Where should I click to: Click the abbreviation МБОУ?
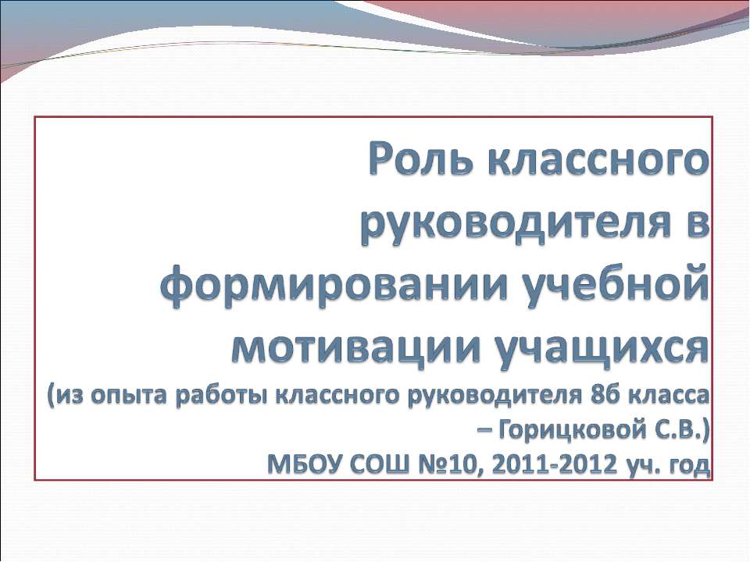pos(300,465)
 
